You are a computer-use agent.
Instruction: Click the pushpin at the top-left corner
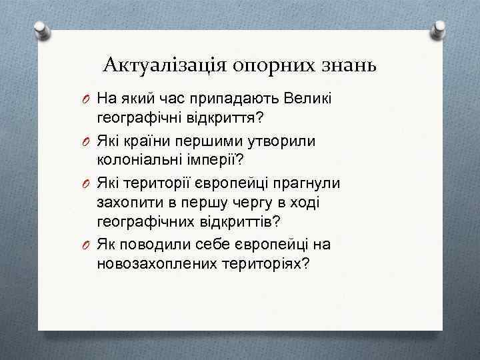click(x=42, y=31)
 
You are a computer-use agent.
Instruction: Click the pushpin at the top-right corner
click(x=439, y=29)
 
